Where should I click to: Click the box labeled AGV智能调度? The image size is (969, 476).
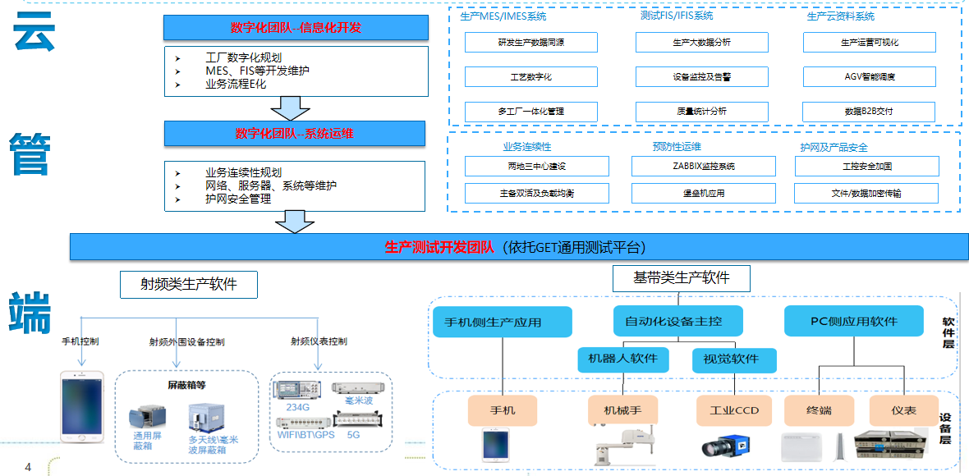(869, 77)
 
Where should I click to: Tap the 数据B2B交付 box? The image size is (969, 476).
(869, 112)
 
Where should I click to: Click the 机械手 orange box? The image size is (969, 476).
(623, 410)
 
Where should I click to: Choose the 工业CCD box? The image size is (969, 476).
(733, 410)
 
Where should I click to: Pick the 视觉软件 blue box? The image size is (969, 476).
(725, 359)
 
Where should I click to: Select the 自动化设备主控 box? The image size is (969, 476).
(678, 321)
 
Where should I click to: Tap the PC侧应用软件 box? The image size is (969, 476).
(853, 321)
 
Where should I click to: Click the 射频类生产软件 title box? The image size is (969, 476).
(188, 284)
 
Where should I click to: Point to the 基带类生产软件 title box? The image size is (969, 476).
(681, 278)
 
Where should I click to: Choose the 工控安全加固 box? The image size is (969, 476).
(866, 167)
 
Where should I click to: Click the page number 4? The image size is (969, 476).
(28, 468)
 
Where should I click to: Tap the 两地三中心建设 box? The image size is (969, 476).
(536, 167)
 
